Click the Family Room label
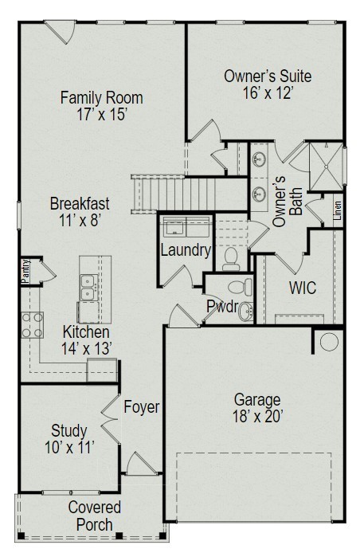point(102,98)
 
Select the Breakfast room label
point(80,203)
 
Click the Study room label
point(69,431)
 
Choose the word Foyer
point(142,407)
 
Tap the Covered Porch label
point(94,508)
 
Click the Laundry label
point(185,250)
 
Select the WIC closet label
point(302,288)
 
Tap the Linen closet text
point(338,211)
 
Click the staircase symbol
point(158,191)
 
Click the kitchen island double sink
point(88,282)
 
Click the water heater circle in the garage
point(330,342)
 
